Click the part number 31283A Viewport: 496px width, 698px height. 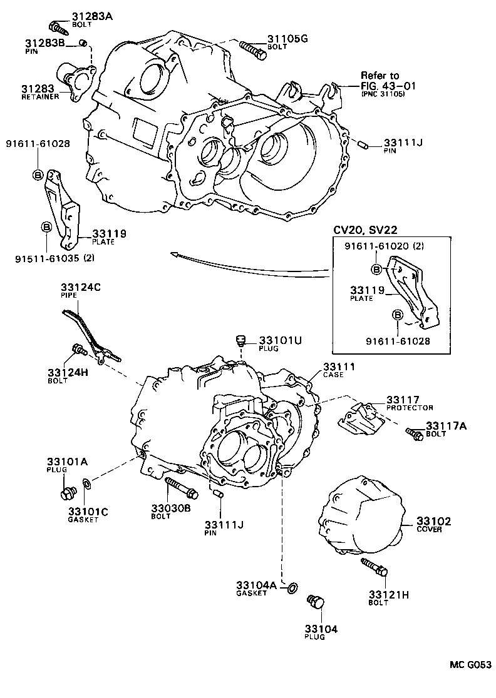[x=91, y=16]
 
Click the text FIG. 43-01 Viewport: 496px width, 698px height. [x=388, y=85]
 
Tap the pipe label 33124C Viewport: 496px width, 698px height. [x=80, y=288]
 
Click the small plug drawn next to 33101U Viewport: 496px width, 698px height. [x=239, y=341]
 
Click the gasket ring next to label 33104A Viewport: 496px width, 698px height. [x=292, y=587]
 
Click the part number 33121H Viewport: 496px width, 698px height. [x=388, y=594]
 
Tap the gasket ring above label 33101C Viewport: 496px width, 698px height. [x=86, y=483]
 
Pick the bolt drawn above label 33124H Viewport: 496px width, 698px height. [x=80, y=348]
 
